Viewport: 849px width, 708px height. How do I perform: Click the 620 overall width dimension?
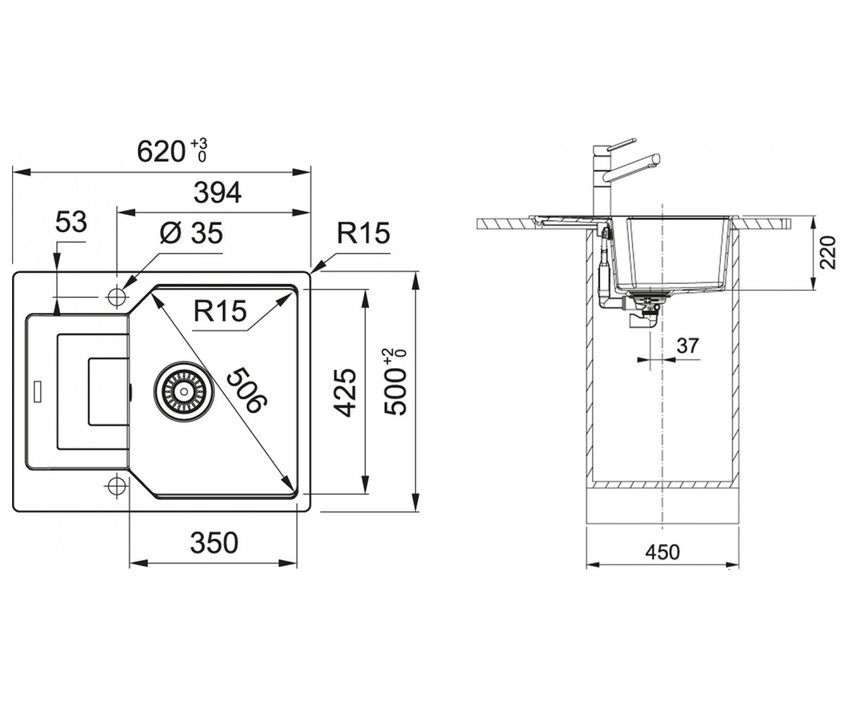click(172, 151)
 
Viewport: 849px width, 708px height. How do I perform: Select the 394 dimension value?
click(217, 193)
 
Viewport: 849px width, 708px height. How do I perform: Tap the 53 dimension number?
click(71, 222)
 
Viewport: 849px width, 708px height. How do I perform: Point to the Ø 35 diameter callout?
click(192, 233)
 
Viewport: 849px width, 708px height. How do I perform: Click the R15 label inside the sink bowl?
click(220, 312)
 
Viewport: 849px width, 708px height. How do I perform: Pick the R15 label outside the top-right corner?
click(364, 233)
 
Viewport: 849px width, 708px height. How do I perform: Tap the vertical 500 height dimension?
click(395, 382)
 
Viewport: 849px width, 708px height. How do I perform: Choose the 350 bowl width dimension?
click(214, 542)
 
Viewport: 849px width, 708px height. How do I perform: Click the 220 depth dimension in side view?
click(828, 253)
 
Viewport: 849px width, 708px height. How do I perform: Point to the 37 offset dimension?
click(688, 346)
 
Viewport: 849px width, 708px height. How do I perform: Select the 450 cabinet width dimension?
click(662, 552)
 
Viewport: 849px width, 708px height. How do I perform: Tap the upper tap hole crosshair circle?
click(117, 297)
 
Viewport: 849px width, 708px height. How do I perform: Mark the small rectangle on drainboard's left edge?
click(37, 391)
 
